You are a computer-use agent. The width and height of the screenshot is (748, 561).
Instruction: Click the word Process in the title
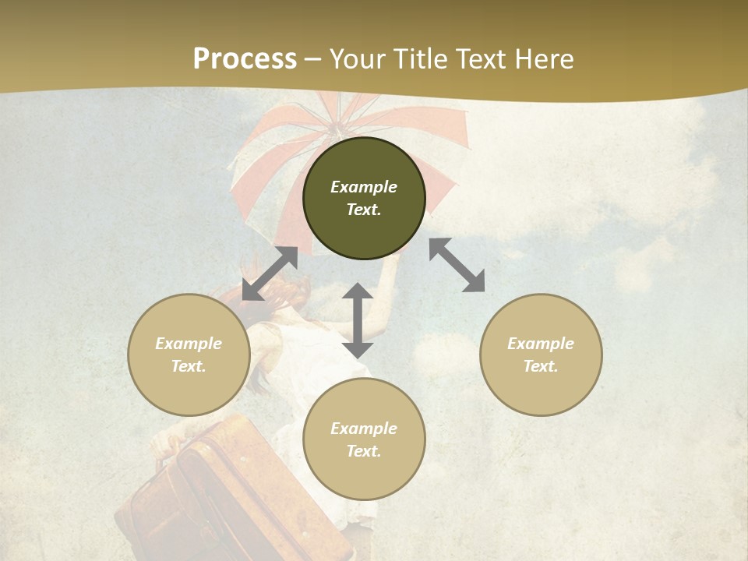point(245,59)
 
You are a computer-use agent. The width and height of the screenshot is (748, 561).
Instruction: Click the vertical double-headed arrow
point(358,320)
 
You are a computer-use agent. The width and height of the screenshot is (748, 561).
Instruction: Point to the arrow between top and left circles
point(270,273)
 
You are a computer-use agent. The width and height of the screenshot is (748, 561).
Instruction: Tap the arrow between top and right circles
point(457,265)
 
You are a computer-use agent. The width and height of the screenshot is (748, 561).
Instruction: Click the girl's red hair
point(234,296)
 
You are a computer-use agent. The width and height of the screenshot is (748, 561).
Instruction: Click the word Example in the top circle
point(364,187)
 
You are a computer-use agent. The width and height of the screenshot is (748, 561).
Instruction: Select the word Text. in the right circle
point(541,366)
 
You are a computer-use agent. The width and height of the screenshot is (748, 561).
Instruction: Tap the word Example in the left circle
point(189,344)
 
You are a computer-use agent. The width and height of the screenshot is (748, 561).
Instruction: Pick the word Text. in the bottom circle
point(364,451)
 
